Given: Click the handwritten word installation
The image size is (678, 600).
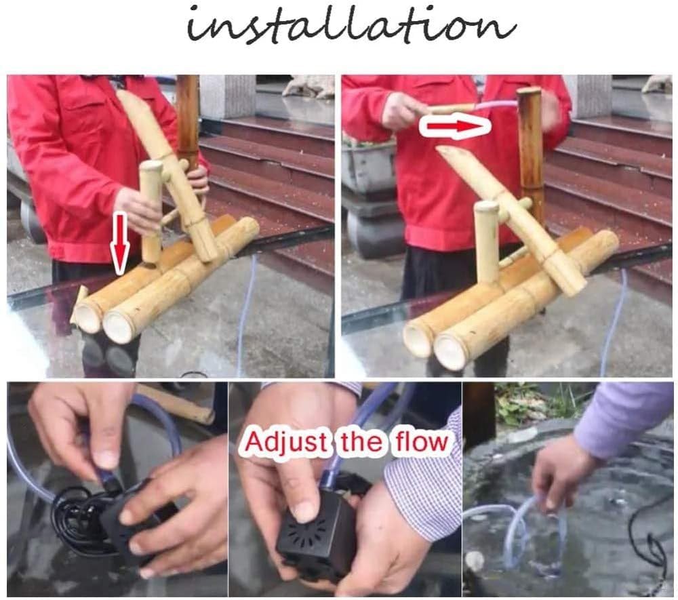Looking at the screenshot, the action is [351, 26].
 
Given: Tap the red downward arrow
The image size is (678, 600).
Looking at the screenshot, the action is [120, 243].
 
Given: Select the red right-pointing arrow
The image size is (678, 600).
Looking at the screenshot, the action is [456, 126].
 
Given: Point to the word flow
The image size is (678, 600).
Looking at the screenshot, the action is [420, 441].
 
